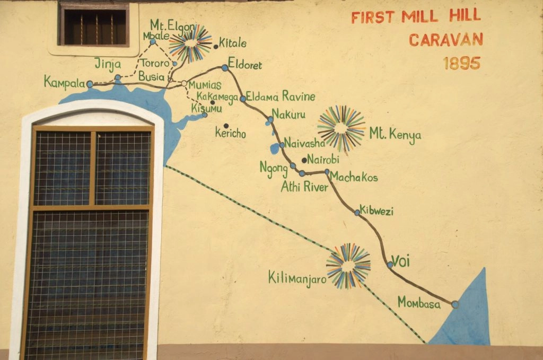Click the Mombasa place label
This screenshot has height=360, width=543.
click(x=419, y=303)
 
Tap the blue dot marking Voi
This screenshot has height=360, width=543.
click(x=390, y=264)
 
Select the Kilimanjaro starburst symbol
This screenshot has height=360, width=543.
click(x=348, y=266)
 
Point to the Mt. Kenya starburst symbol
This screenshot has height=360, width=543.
click(x=341, y=128)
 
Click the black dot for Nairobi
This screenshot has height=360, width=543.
click(x=304, y=160)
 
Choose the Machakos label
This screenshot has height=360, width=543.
click(x=354, y=178)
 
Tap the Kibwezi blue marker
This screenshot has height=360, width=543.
click(x=357, y=212)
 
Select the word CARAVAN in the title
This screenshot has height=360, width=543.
click(x=445, y=40)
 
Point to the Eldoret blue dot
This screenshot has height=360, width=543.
click(x=225, y=67)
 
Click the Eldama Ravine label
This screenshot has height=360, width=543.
click(x=281, y=96)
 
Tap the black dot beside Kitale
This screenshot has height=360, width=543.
click(x=216, y=47)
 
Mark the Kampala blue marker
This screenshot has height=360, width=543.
click(x=90, y=84)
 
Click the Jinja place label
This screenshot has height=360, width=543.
click(x=108, y=64)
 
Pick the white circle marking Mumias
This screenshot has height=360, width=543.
click(x=184, y=83)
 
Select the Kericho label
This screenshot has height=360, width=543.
click(x=230, y=134)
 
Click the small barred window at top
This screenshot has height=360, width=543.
click(x=94, y=24)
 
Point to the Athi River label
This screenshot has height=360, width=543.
click(x=304, y=187)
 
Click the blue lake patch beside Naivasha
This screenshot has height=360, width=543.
click(x=274, y=148)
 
